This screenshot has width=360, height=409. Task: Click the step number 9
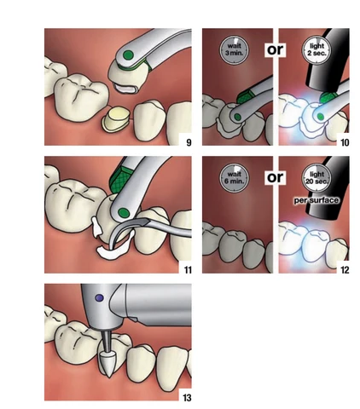[189, 142]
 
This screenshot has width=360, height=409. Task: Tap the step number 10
[345, 142]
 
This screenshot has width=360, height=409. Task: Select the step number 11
[188, 270]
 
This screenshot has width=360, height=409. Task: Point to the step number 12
[345, 270]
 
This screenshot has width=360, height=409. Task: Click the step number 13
[187, 398]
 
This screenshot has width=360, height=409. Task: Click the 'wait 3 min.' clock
[234, 50]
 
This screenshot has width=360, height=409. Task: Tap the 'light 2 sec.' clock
[316, 50]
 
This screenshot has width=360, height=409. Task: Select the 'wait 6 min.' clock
[234, 178]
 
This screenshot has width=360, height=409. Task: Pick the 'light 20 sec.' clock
[316, 178]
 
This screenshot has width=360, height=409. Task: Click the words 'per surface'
[316, 200]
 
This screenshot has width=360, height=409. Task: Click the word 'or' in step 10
[275, 49]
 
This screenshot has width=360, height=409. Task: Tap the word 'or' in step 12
[275, 177]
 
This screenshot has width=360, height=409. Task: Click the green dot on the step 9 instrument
[128, 55]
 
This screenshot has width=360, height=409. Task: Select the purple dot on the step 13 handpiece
[99, 298]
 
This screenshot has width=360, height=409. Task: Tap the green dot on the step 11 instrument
[124, 212]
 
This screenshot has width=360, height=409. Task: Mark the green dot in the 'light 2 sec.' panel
[321, 117]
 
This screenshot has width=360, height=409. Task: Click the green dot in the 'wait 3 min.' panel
[238, 117]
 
